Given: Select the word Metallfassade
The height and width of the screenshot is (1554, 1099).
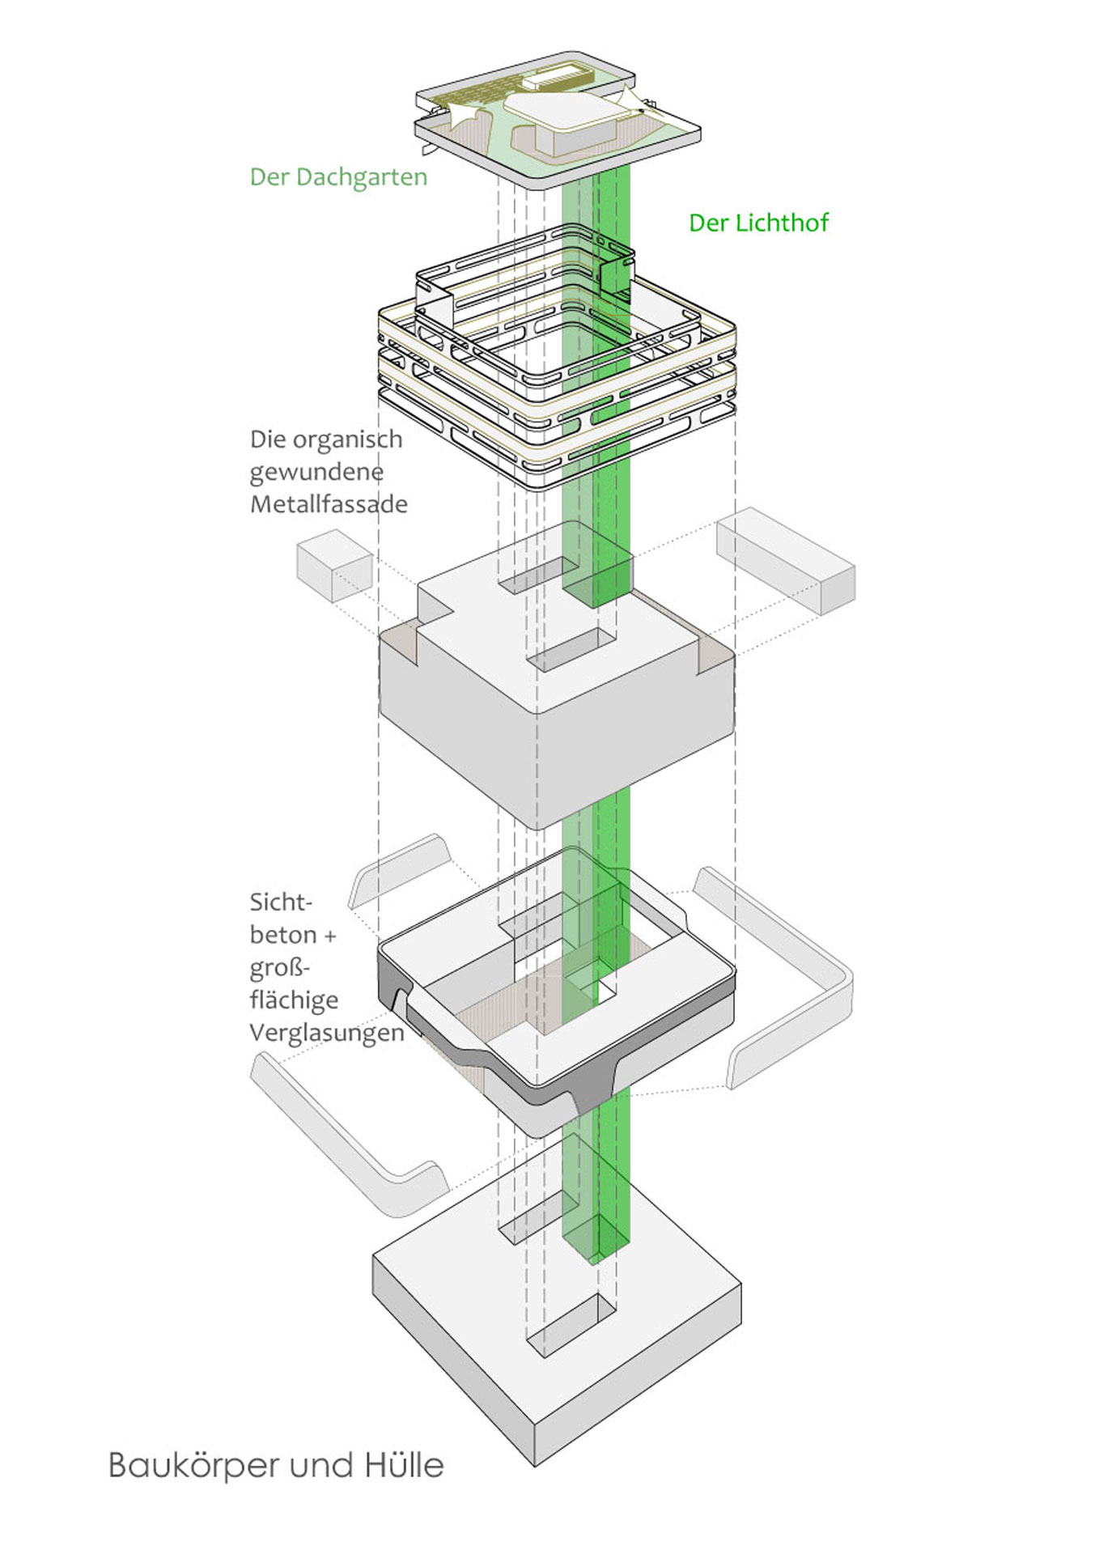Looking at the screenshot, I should tap(329, 504).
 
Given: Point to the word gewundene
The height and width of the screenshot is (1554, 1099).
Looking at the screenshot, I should tap(316, 472).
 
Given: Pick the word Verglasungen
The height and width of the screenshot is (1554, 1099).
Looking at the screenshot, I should tap(326, 1033).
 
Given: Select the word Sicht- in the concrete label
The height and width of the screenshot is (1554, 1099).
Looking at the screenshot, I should tap(281, 902).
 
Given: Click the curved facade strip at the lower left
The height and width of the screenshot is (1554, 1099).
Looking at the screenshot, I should tap(348, 1133).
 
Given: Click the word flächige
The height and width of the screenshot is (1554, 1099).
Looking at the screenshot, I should tap(294, 1000).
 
